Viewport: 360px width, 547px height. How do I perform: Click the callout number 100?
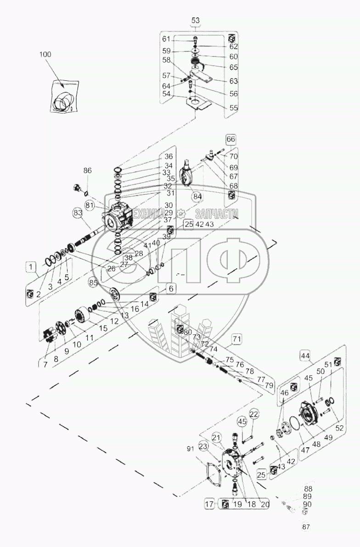[45, 54]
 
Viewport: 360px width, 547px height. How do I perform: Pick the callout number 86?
[87, 170]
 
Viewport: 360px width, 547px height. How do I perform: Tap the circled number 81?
[89, 205]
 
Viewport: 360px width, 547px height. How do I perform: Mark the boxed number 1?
[30, 266]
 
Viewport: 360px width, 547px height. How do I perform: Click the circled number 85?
[93, 283]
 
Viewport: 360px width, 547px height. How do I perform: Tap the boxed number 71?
[236, 339]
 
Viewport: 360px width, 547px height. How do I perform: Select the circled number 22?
[254, 413]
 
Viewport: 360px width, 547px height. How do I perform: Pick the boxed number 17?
[209, 504]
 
